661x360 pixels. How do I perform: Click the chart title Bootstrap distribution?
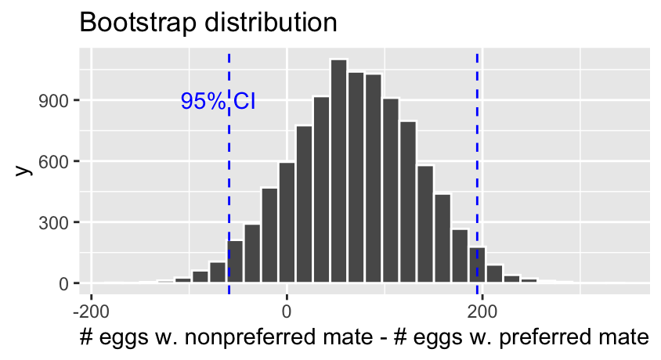(x=208, y=22)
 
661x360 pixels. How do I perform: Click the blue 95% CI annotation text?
(x=219, y=101)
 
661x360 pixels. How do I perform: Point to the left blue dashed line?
(x=229, y=196)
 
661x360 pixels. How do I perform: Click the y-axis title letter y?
(x=25, y=168)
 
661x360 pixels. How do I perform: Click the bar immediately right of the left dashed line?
(x=235, y=261)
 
